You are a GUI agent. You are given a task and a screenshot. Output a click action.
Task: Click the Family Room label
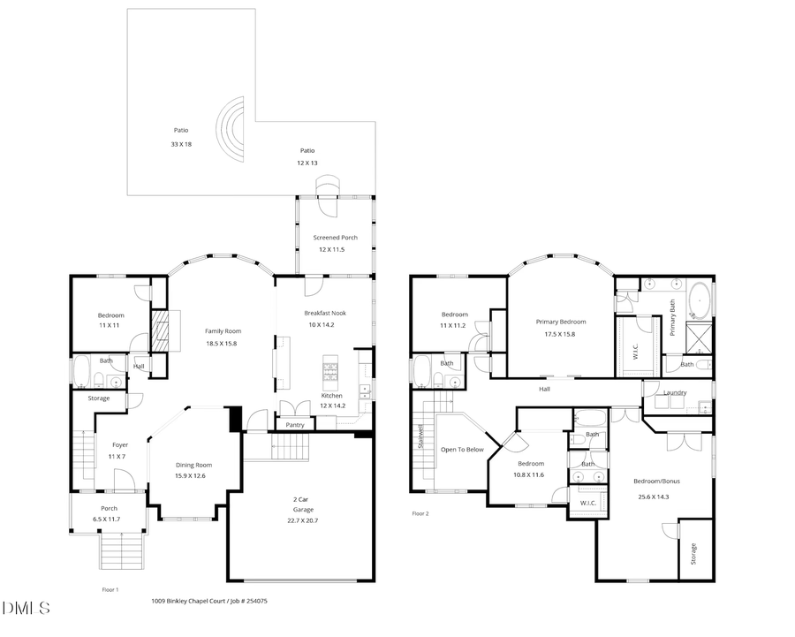pyautogui.click(x=222, y=331)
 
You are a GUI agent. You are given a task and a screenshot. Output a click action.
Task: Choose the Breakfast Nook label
pyautogui.click(x=325, y=313)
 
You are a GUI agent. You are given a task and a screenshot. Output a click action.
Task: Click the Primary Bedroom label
pyautogui.click(x=560, y=322)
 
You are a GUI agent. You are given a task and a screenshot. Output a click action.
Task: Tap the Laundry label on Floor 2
pyautogui.click(x=676, y=392)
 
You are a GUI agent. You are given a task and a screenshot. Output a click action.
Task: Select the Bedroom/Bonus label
pyautogui.click(x=656, y=481)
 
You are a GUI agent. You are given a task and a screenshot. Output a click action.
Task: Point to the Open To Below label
pyautogui.click(x=463, y=450)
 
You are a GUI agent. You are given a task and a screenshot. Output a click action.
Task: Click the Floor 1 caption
pyautogui.click(x=110, y=589)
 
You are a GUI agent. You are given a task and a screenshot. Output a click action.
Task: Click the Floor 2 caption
pyautogui.click(x=420, y=513)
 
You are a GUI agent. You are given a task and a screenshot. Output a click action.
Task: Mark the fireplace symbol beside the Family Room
pyautogui.click(x=161, y=331)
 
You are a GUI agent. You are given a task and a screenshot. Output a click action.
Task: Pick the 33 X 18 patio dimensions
pyautogui.click(x=181, y=143)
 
